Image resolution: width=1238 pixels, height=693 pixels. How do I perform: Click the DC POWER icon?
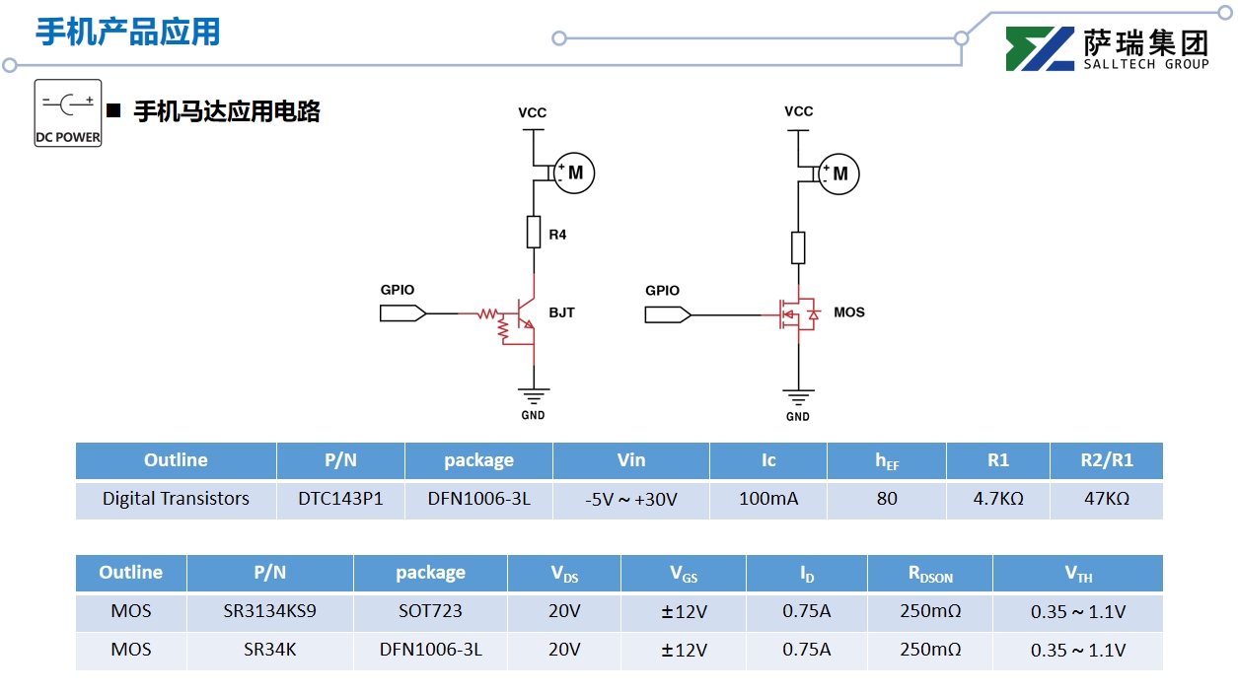click(68, 112)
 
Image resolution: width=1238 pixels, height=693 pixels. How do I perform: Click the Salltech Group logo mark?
click(1040, 49)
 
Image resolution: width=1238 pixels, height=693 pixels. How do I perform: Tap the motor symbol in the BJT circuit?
click(574, 173)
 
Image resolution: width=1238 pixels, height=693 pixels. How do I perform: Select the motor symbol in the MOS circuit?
click(839, 173)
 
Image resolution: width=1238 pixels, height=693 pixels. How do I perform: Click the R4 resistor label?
click(558, 235)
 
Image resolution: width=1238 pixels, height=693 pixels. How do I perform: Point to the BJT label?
click(561, 312)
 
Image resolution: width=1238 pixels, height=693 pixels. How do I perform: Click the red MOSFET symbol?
click(798, 314)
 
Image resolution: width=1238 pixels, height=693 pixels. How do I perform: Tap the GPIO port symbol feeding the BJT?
click(402, 313)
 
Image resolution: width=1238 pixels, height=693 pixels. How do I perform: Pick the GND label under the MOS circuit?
click(798, 416)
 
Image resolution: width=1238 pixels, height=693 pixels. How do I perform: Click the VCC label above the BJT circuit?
click(533, 112)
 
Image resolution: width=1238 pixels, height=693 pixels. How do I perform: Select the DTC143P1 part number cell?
click(340, 499)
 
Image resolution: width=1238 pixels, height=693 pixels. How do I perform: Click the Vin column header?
click(631, 460)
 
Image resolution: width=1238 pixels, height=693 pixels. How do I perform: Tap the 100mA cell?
click(768, 499)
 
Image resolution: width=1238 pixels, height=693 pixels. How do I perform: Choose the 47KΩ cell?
click(1107, 499)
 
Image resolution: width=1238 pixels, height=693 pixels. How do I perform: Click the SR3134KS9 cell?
click(270, 611)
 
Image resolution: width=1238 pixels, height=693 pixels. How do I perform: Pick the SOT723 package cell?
click(430, 611)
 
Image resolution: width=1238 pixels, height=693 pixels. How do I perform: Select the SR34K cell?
click(270, 650)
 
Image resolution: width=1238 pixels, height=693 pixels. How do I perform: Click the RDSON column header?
click(930, 574)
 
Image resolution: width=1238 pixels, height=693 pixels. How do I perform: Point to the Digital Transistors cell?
click(176, 499)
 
